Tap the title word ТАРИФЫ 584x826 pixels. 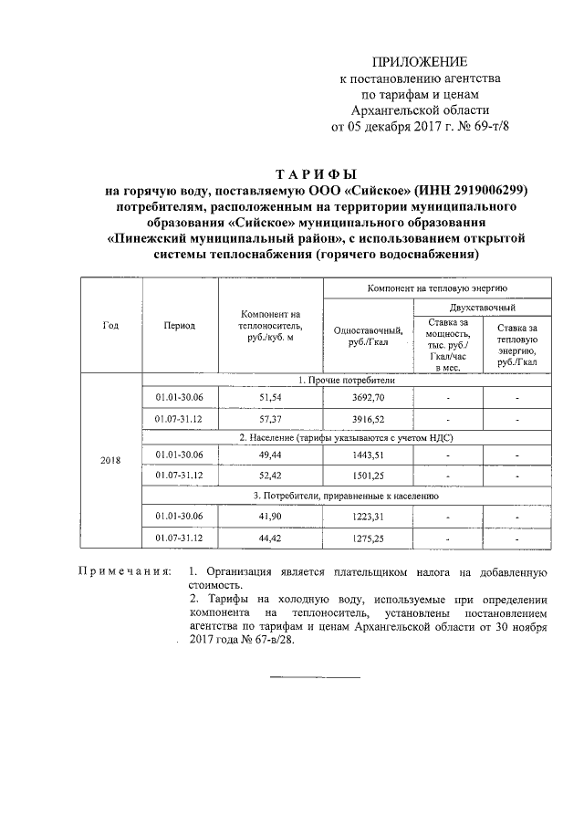pyautogui.click(x=316, y=173)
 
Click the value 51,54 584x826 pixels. pyautogui.click(x=270, y=398)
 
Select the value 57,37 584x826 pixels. pyautogui.click(x=270, y=418)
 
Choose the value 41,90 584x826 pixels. pyautogui.click(x=270, y=517)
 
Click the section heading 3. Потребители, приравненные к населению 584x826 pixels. pyautogui.click(x=346, y=497)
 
